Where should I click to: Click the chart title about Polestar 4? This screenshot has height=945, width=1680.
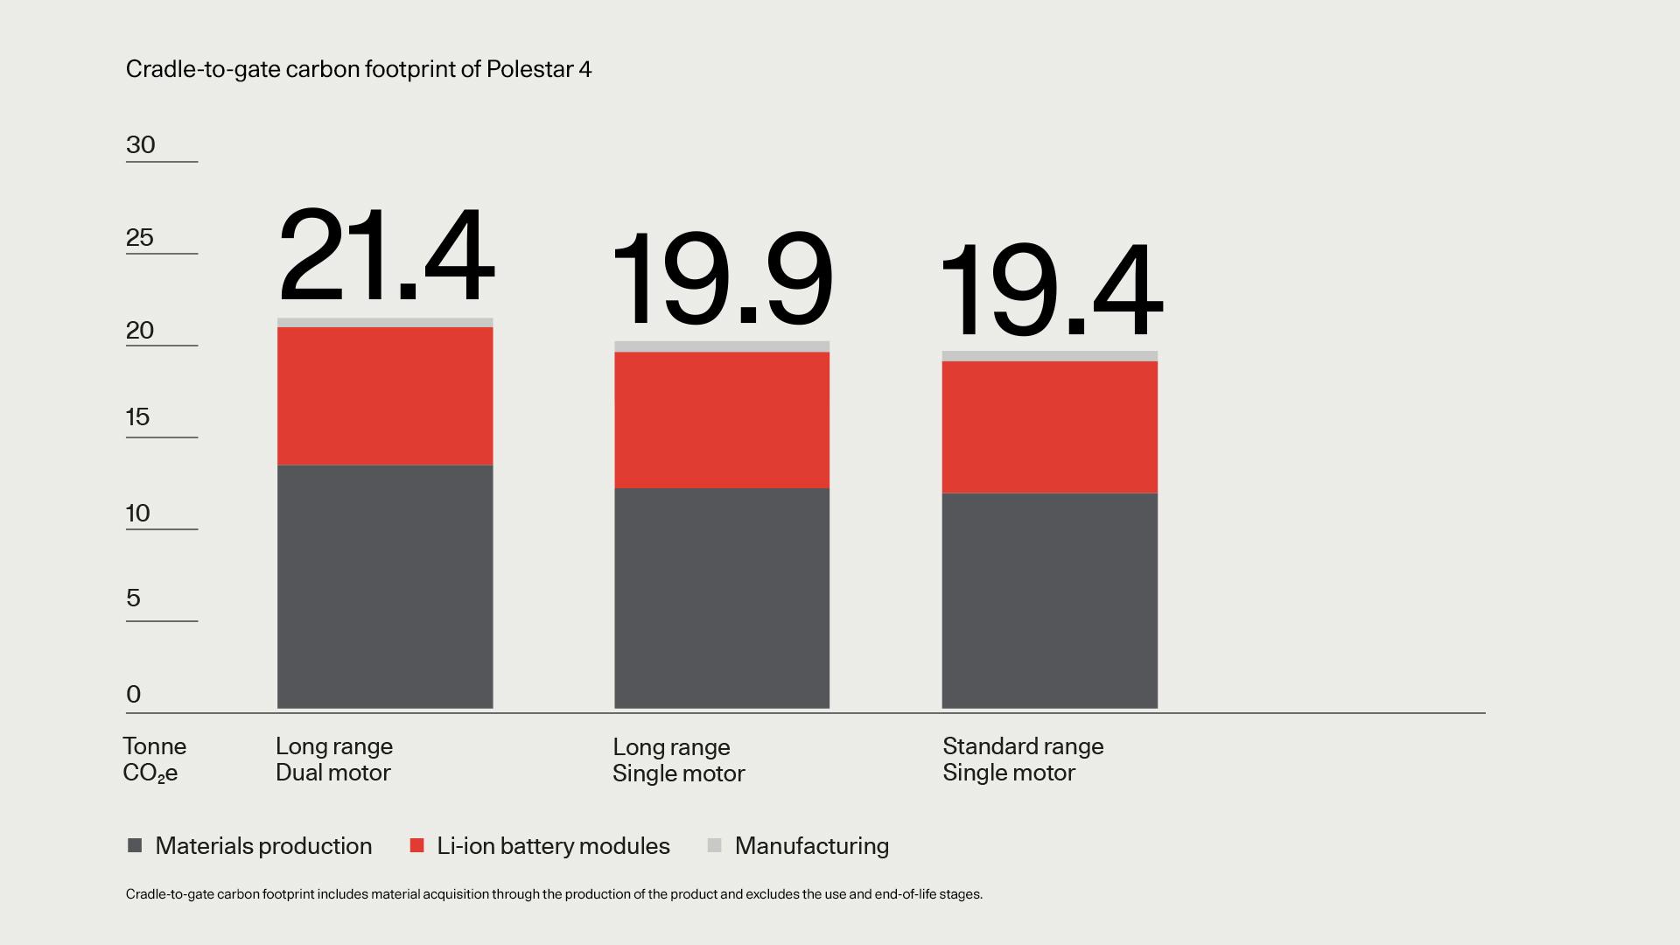pyautogui.click(x=359, y=69)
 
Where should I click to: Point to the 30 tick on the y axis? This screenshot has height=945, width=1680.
pyautogui.click(x=141, y=145)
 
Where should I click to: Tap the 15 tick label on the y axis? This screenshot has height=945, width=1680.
pyautogui.click(x=138, y=416)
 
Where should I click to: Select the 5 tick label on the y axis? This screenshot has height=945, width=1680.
pyautogui.click(x=133, y=598)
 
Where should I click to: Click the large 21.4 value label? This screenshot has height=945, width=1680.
pyautogui.click(x=386, y=255)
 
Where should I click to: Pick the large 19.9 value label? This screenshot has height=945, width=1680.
pyautogui.click(x=722, y=279)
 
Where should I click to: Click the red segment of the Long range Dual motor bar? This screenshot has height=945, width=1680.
pyautogui.click(x=385, y=395)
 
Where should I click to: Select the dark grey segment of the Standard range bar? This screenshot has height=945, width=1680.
pyautogui.click(x=1049, y=600)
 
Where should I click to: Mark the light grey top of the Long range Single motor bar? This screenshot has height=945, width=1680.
pyautogui.click(x=722, y=346)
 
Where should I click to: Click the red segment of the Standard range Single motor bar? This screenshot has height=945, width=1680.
pyautogui.click(x=1049, y=427)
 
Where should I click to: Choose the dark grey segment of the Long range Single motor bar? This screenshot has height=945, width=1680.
pyautogui.click(x=722, y=598)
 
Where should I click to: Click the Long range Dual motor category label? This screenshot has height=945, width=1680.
pyautogui.click(x=334, y=759)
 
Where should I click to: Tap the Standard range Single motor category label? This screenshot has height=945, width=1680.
pyautogui.click(x=1023, y=759)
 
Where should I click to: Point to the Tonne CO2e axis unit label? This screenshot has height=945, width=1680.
pyautogui.click(x=154, y=759)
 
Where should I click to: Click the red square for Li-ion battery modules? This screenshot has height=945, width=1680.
pyautogui.click(x=417, y=845)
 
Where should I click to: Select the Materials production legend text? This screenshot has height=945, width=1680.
pyautogui.click(x=263, y=845)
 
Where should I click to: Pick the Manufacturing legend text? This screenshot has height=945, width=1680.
pyautogui.click(x=811, y=845)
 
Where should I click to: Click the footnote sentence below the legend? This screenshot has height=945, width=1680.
pyautogui.click(x=554, y=894)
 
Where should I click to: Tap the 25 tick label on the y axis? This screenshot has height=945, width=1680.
pyautogui.click(x=140, y=237)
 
